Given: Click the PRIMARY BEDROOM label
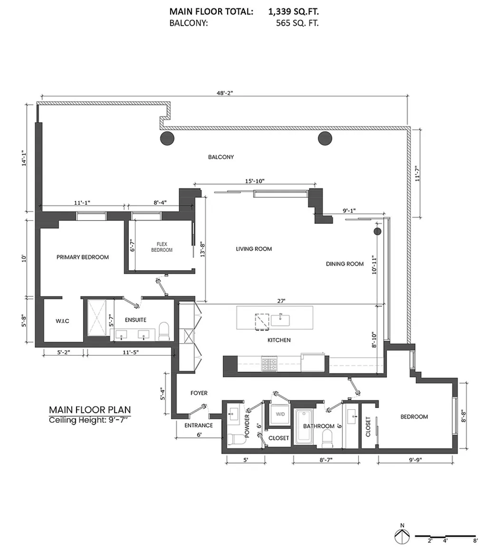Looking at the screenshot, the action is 83,257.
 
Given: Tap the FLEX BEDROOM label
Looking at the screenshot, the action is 162,247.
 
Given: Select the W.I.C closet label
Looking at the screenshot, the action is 62,321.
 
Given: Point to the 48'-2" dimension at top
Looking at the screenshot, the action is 225,93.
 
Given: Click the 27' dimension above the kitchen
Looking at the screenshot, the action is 282,301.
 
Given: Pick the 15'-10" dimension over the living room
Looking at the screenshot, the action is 255,181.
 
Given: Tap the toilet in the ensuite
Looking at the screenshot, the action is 164,331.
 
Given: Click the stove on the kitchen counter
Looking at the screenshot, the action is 269,364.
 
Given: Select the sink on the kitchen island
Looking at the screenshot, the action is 280,320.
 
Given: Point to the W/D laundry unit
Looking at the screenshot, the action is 280,415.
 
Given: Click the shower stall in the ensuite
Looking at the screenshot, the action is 97,318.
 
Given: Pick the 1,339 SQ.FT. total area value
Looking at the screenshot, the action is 294,11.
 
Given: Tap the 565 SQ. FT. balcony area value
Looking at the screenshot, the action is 297,23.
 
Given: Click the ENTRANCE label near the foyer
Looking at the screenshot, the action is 198,425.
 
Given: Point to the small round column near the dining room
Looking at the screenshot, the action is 377,231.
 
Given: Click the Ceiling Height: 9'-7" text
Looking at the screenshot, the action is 90,420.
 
